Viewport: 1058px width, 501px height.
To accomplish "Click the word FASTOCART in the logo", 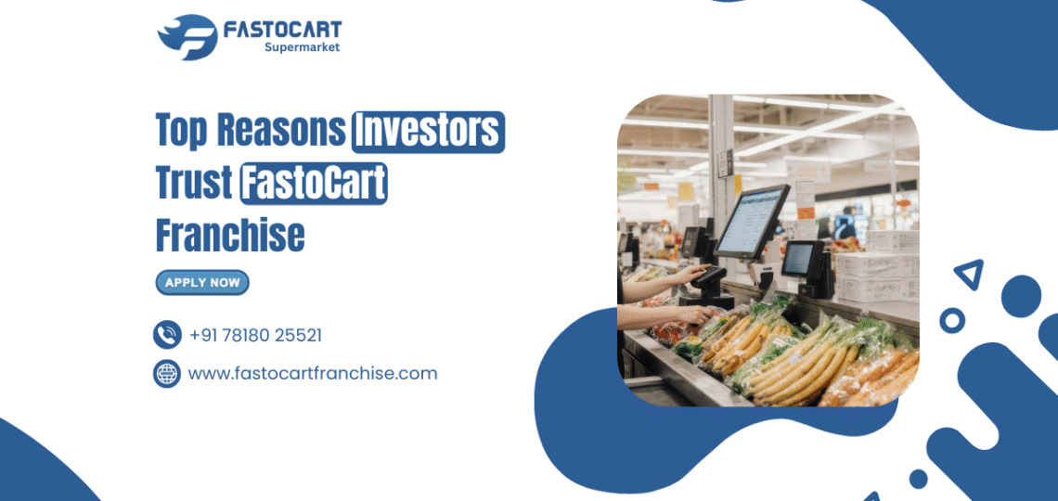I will click(x=282, y=31).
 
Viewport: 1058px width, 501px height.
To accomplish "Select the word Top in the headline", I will click(x=181, y=132).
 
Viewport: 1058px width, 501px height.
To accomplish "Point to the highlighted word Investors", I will click(x=428, y=132).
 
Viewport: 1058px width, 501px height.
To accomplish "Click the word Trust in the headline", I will click(x=192, y=184).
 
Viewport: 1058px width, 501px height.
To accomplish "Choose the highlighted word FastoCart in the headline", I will click(x=314, y=184).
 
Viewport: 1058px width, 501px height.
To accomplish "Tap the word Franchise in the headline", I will click(x=230, y=236).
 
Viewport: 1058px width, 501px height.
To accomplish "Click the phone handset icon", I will click(x=167, y=335).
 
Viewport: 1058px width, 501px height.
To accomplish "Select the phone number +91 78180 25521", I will click(x=255, y=335).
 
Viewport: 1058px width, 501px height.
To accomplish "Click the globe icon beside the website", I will click(x=167, y=374).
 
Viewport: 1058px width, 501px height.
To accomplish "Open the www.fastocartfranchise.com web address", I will click(x=313, y=374).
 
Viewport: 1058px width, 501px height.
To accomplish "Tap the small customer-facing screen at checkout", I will click(x=801, y=259).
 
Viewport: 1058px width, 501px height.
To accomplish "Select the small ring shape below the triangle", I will click(x=951, y=320).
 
